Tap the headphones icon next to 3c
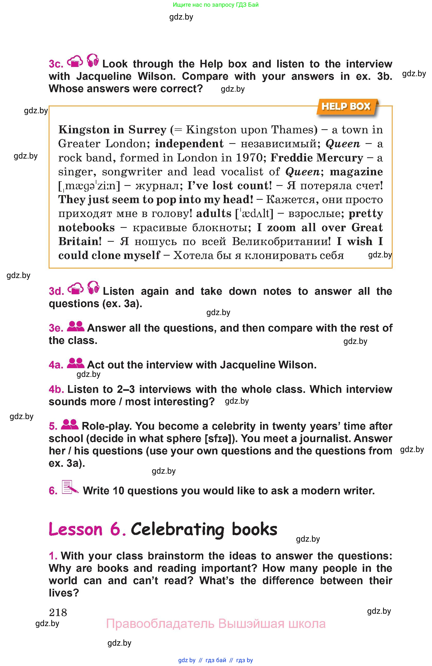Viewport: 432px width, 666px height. (93, 60)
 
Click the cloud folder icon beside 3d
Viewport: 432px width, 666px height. (75, 289)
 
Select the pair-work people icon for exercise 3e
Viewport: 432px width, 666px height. (75, 326)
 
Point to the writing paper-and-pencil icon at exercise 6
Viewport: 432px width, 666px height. (70, 488)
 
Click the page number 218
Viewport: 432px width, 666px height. (58, 612)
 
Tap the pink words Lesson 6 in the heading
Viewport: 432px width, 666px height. (87, 530)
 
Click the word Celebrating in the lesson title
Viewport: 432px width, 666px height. (177, 530)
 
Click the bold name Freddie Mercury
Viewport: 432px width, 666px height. (317, 158)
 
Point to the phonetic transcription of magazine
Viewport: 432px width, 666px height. (89, 186)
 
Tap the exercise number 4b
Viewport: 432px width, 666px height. (56, 389)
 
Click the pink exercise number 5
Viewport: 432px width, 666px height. (53, 426)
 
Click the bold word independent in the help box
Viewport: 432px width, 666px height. (189, 144)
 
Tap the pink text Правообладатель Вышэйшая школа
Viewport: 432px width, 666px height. (216, 624)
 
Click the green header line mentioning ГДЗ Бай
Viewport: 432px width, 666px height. (216, 5)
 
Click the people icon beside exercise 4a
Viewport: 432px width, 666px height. (75, 363)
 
